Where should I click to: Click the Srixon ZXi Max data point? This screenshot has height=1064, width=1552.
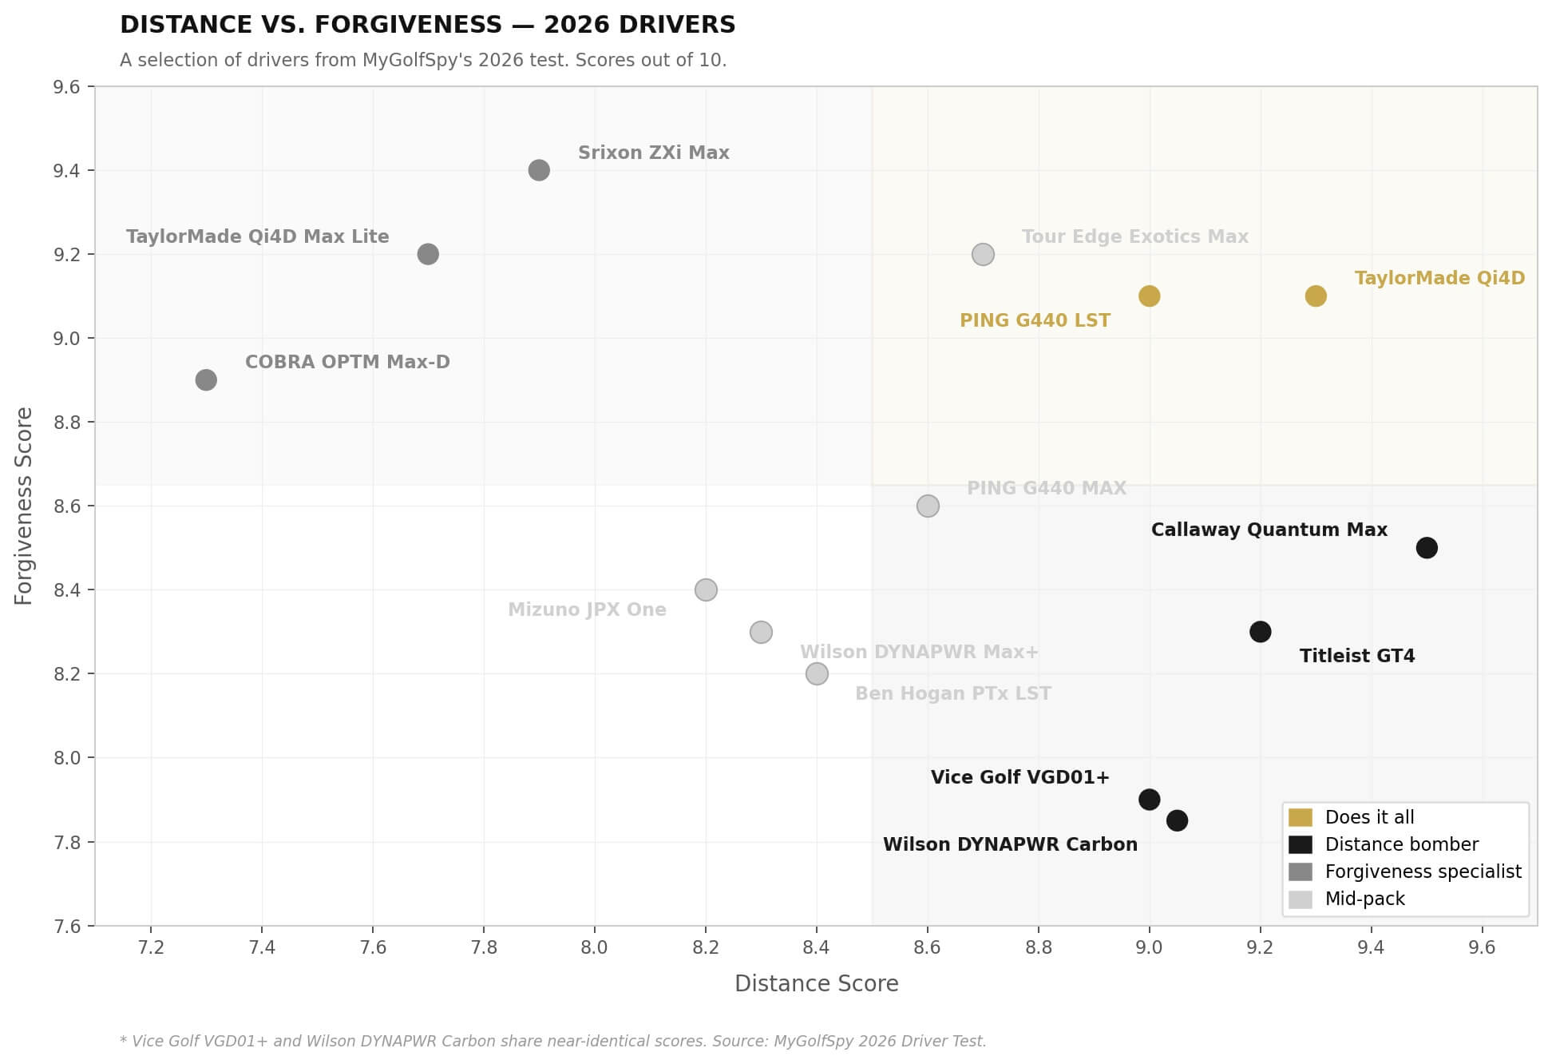click(x=539, y=170)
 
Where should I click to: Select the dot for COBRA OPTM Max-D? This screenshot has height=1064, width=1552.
click(x=206, y=380)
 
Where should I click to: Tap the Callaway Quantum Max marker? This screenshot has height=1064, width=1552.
click(x=1427, y=548)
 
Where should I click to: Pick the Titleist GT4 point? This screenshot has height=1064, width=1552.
click(x=1260, y=632)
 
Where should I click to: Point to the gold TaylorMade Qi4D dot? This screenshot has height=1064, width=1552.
click(x=1316, y=296)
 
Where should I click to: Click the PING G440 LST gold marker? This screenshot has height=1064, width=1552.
click(x=1149, y=296)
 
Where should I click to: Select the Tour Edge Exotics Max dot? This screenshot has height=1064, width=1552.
click(x=983, y=255)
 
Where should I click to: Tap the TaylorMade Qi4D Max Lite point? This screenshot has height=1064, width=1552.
click(x=428, y=254)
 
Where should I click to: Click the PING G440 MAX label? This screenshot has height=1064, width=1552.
click(x=1046, y=488)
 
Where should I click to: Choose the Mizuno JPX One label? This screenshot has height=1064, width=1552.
click(x=587, y=610)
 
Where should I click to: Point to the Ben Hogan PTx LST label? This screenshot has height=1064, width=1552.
click(x=952, y=694)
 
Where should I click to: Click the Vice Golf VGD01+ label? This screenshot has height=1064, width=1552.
click(x=1019, y=778)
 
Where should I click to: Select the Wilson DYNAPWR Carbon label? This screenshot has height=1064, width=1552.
click(x=1010, y=845)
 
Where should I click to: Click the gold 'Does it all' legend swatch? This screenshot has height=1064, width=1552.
click(x=1300, y=817)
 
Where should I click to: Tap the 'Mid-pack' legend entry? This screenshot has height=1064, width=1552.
click(x=1364, y=899)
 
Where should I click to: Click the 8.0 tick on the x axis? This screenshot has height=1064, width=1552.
click(x=595, y=947)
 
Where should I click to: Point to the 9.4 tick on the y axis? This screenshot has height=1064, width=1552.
click(x=66, y=171)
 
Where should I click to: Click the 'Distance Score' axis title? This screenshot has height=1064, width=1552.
click(x=816, y=984)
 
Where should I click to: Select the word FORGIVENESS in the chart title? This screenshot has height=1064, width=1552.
click(x=408, y=26)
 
